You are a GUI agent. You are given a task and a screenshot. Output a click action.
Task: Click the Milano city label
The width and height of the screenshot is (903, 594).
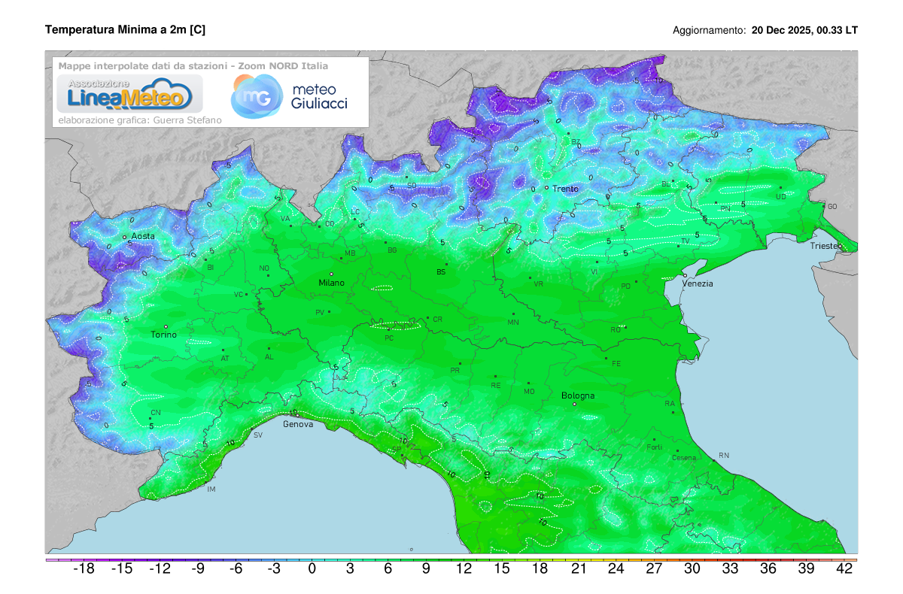(x=331, y=283)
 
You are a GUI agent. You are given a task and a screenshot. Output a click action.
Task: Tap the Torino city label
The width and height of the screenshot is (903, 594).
(x=164, y=335)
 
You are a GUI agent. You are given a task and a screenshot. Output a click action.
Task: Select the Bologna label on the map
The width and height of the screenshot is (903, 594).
(x=578, y=395)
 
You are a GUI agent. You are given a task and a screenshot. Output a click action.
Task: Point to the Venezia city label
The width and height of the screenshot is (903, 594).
(x=698, y=283)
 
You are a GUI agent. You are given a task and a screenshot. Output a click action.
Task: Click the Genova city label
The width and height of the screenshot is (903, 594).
(x=298, y=424)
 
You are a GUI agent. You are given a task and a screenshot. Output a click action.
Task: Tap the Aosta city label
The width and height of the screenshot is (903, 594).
(x=143, y=236)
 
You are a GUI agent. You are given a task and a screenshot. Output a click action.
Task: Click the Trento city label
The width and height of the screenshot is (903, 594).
(x=565, y=189)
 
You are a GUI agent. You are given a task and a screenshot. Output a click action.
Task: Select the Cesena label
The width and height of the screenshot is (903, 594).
(x=684, y=458)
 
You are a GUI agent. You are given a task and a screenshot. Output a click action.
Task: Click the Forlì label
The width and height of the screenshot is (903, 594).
(x=654, y=447)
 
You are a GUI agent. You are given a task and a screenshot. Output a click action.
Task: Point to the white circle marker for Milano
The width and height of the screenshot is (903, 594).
(x=331, y=274)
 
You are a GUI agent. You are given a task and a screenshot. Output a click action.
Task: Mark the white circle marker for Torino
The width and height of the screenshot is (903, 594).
(x=166, y=326)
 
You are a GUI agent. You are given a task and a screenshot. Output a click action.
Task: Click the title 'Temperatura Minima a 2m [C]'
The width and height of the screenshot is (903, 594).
(x=125, y=29)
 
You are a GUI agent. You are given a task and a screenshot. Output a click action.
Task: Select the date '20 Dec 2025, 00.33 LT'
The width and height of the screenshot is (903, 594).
(x=804, y=31)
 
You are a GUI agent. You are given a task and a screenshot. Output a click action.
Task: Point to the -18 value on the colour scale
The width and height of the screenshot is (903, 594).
(x=84, y=569)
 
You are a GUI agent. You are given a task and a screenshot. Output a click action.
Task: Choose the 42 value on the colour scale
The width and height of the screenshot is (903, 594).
(x=844, y=569)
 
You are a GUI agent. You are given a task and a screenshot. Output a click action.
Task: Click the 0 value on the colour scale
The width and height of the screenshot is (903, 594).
(x=312, y=569)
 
